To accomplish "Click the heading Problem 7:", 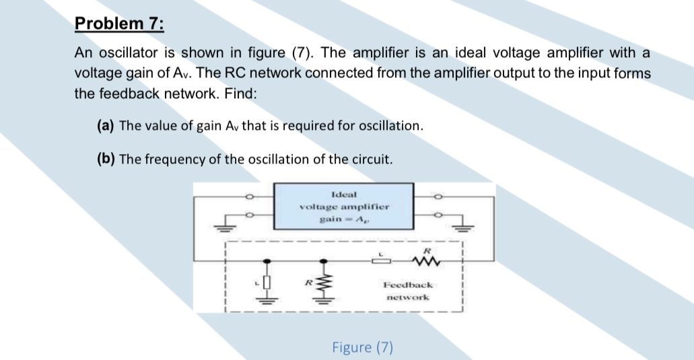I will click(119, 24).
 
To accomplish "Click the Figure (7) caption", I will click(363, 347).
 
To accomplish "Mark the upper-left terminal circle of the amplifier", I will click(248, 197).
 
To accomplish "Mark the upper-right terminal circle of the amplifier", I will click(438, 197).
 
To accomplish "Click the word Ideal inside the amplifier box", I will click(343, 193).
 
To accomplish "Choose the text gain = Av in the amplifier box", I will click(343, 220).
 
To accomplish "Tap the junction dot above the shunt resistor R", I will click(326, 260).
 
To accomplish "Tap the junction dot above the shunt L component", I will click(267, 260).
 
